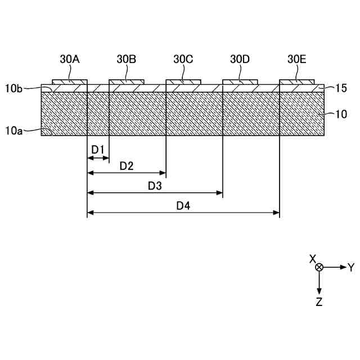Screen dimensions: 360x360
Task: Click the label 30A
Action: (x=70, y=58)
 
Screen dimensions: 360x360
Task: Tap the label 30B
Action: (x=127, y=58)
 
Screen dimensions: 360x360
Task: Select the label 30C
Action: (x=183, y=58)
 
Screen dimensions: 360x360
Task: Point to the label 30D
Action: (x=240, y=58)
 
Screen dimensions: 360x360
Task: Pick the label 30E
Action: (x=297, y=58)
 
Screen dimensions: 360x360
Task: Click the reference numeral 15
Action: (x=340, y=88)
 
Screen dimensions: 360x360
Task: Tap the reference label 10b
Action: (x=13, y=88)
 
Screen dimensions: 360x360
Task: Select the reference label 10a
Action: (x=13, y=130)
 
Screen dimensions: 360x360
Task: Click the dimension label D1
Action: (x=98, y=149)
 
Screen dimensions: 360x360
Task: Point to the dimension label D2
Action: (x=127, y=166)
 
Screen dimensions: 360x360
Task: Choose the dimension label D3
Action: (x=155, y=186)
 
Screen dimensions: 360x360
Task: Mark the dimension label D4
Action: (x=183, y=205)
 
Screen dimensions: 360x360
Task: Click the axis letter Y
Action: (x=351, y=267)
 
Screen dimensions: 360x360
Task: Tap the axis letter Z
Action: (x=319, y=302)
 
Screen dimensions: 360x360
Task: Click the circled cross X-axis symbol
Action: (x=319, y=267)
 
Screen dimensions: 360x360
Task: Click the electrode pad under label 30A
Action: (x=70, y=82)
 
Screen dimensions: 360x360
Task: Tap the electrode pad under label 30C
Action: (x=183, y=82)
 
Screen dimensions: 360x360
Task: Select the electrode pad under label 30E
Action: (x=297, y=82)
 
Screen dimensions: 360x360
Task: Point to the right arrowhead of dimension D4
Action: (x=277, y=213)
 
